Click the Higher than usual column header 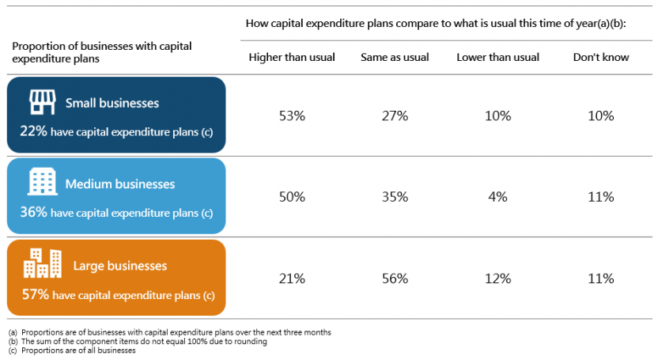pos(292,57)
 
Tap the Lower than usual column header pos(497,57)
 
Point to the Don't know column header pos(600,57)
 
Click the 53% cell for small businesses pos(292,116)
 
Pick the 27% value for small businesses pos(395,116)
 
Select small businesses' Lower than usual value pos(497,116)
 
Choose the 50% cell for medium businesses pos(292,197)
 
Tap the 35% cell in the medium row pos(395,197)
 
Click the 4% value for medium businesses pos(497,197)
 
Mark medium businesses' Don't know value pos(601,197)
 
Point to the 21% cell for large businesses pos(292,279)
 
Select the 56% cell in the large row pos(395,279)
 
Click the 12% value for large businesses pos(497,279)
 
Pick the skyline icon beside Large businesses pos(43,264)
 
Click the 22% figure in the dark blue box pos(33,131)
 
